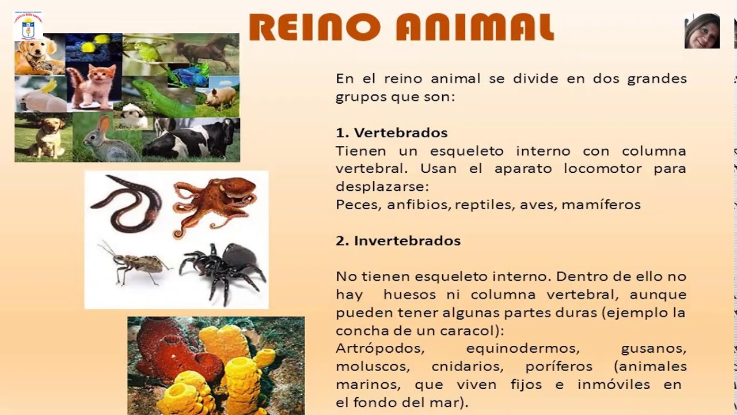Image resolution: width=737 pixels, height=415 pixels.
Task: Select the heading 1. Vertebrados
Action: pyautogui.click(x=392, y=133)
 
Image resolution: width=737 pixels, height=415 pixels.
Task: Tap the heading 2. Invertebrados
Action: pyautogui.click(x=398, y=240)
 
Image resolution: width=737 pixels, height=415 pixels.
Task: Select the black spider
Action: pyautogui.click(x=225, y=268)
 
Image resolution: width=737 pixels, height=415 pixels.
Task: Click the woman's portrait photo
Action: pyautogui.click(x=702, y=31)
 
